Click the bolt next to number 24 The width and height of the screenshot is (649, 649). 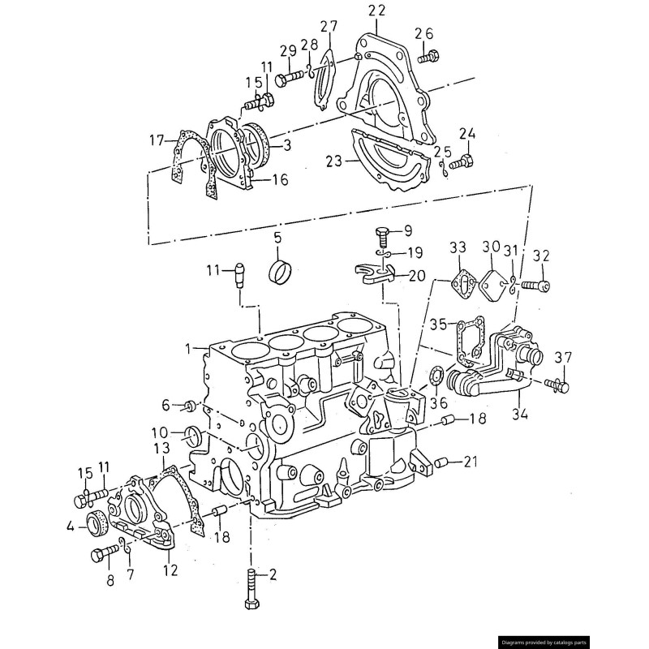click(x=462, y=162)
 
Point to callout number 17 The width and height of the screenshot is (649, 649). click(x=156, y=140)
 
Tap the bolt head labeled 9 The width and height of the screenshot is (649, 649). click(x=384, y=237)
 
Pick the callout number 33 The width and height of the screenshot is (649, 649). click(x=458, y=247)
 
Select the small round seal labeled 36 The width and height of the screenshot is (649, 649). click(x=436, y=376)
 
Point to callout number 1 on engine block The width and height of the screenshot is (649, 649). click(x=187, y=348)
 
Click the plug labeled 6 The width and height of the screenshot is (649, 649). click(x=188, y=404)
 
